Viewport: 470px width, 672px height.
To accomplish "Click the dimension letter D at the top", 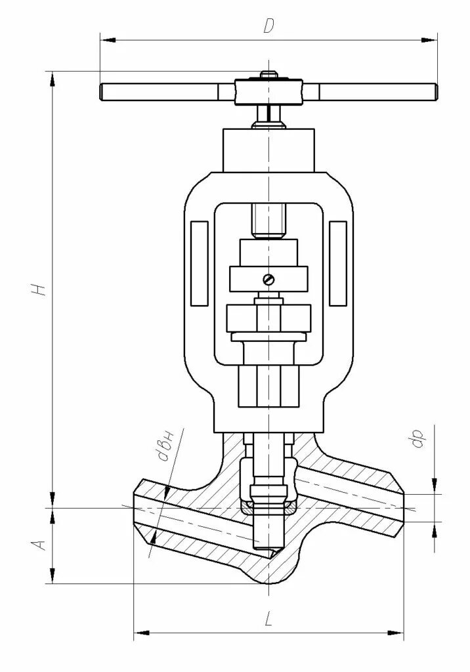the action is (268, 26).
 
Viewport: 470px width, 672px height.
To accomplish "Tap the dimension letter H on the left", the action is (41, 289).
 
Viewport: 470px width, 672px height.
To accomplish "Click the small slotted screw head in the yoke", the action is (268, 280).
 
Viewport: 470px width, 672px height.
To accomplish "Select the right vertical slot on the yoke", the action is (338, 263).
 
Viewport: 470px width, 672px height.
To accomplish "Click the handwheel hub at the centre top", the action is (268, 91).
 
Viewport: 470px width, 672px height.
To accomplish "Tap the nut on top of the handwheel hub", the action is (268, 76).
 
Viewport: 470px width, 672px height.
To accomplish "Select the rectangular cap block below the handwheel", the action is (268, 148).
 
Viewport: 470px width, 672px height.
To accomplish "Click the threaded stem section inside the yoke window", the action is (268, 221).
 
